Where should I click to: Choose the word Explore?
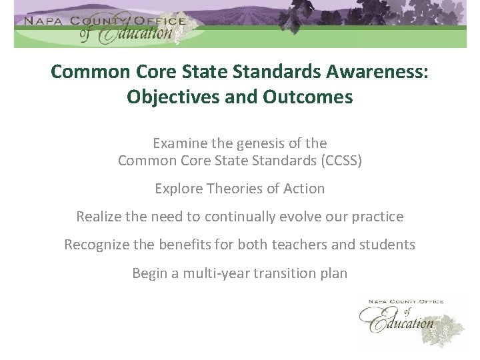[x=178, y=189]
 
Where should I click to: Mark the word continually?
[x=237, y=217]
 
